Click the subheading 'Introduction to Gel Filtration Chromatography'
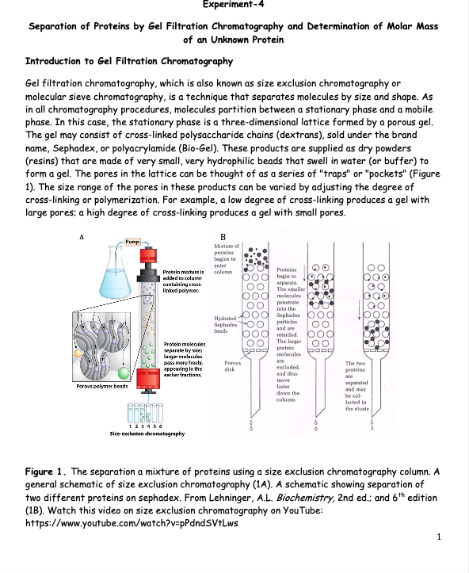click(129, 61)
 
